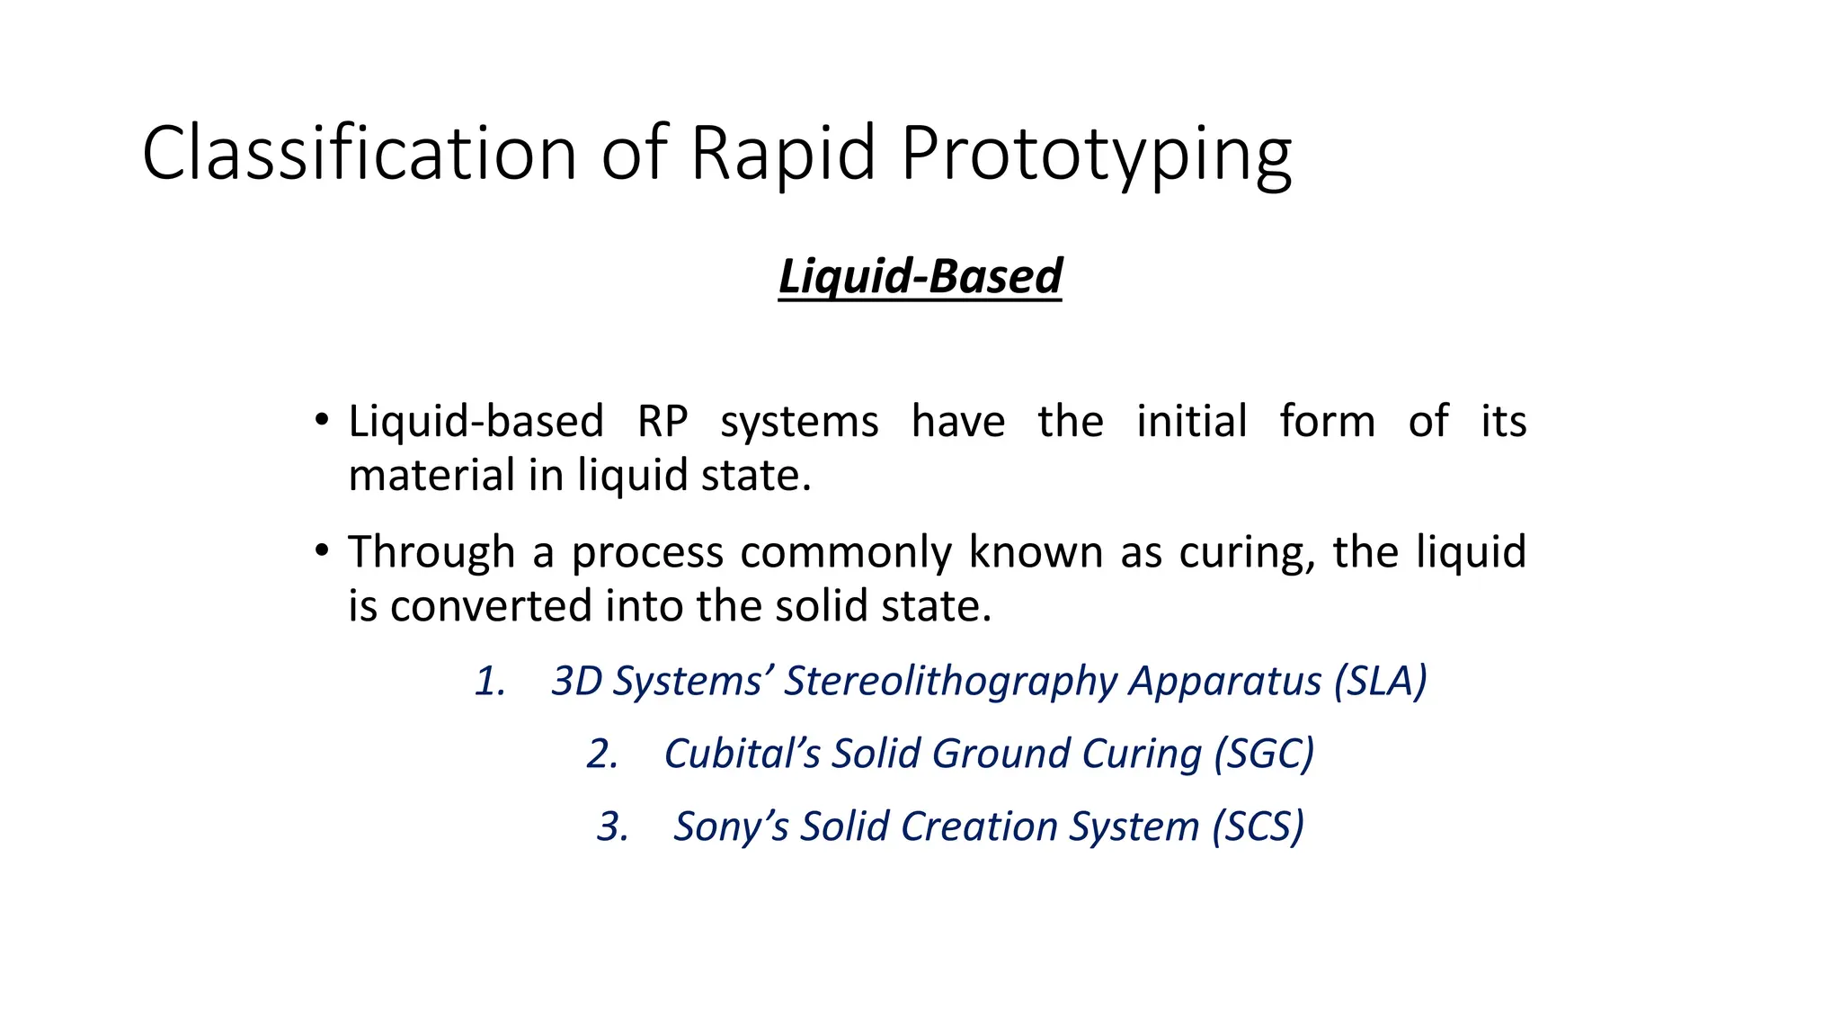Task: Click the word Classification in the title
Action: (x=359, y=153)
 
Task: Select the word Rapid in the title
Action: (x=782, y=153)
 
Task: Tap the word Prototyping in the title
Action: (x=1096, y=155)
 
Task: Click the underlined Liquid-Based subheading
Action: (x=920, y=275)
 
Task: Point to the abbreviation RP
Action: (x=663, y=421)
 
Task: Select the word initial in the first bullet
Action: (x=1192, y=421)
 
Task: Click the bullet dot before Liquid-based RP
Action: (x=321, y=419)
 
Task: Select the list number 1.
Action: (x=489, y=681)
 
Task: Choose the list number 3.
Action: (x=612, y=826)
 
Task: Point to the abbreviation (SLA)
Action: (x=1380, y=681)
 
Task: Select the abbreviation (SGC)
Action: (x=1264, y=754)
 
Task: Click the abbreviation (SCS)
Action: (x=1258, y=826)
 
